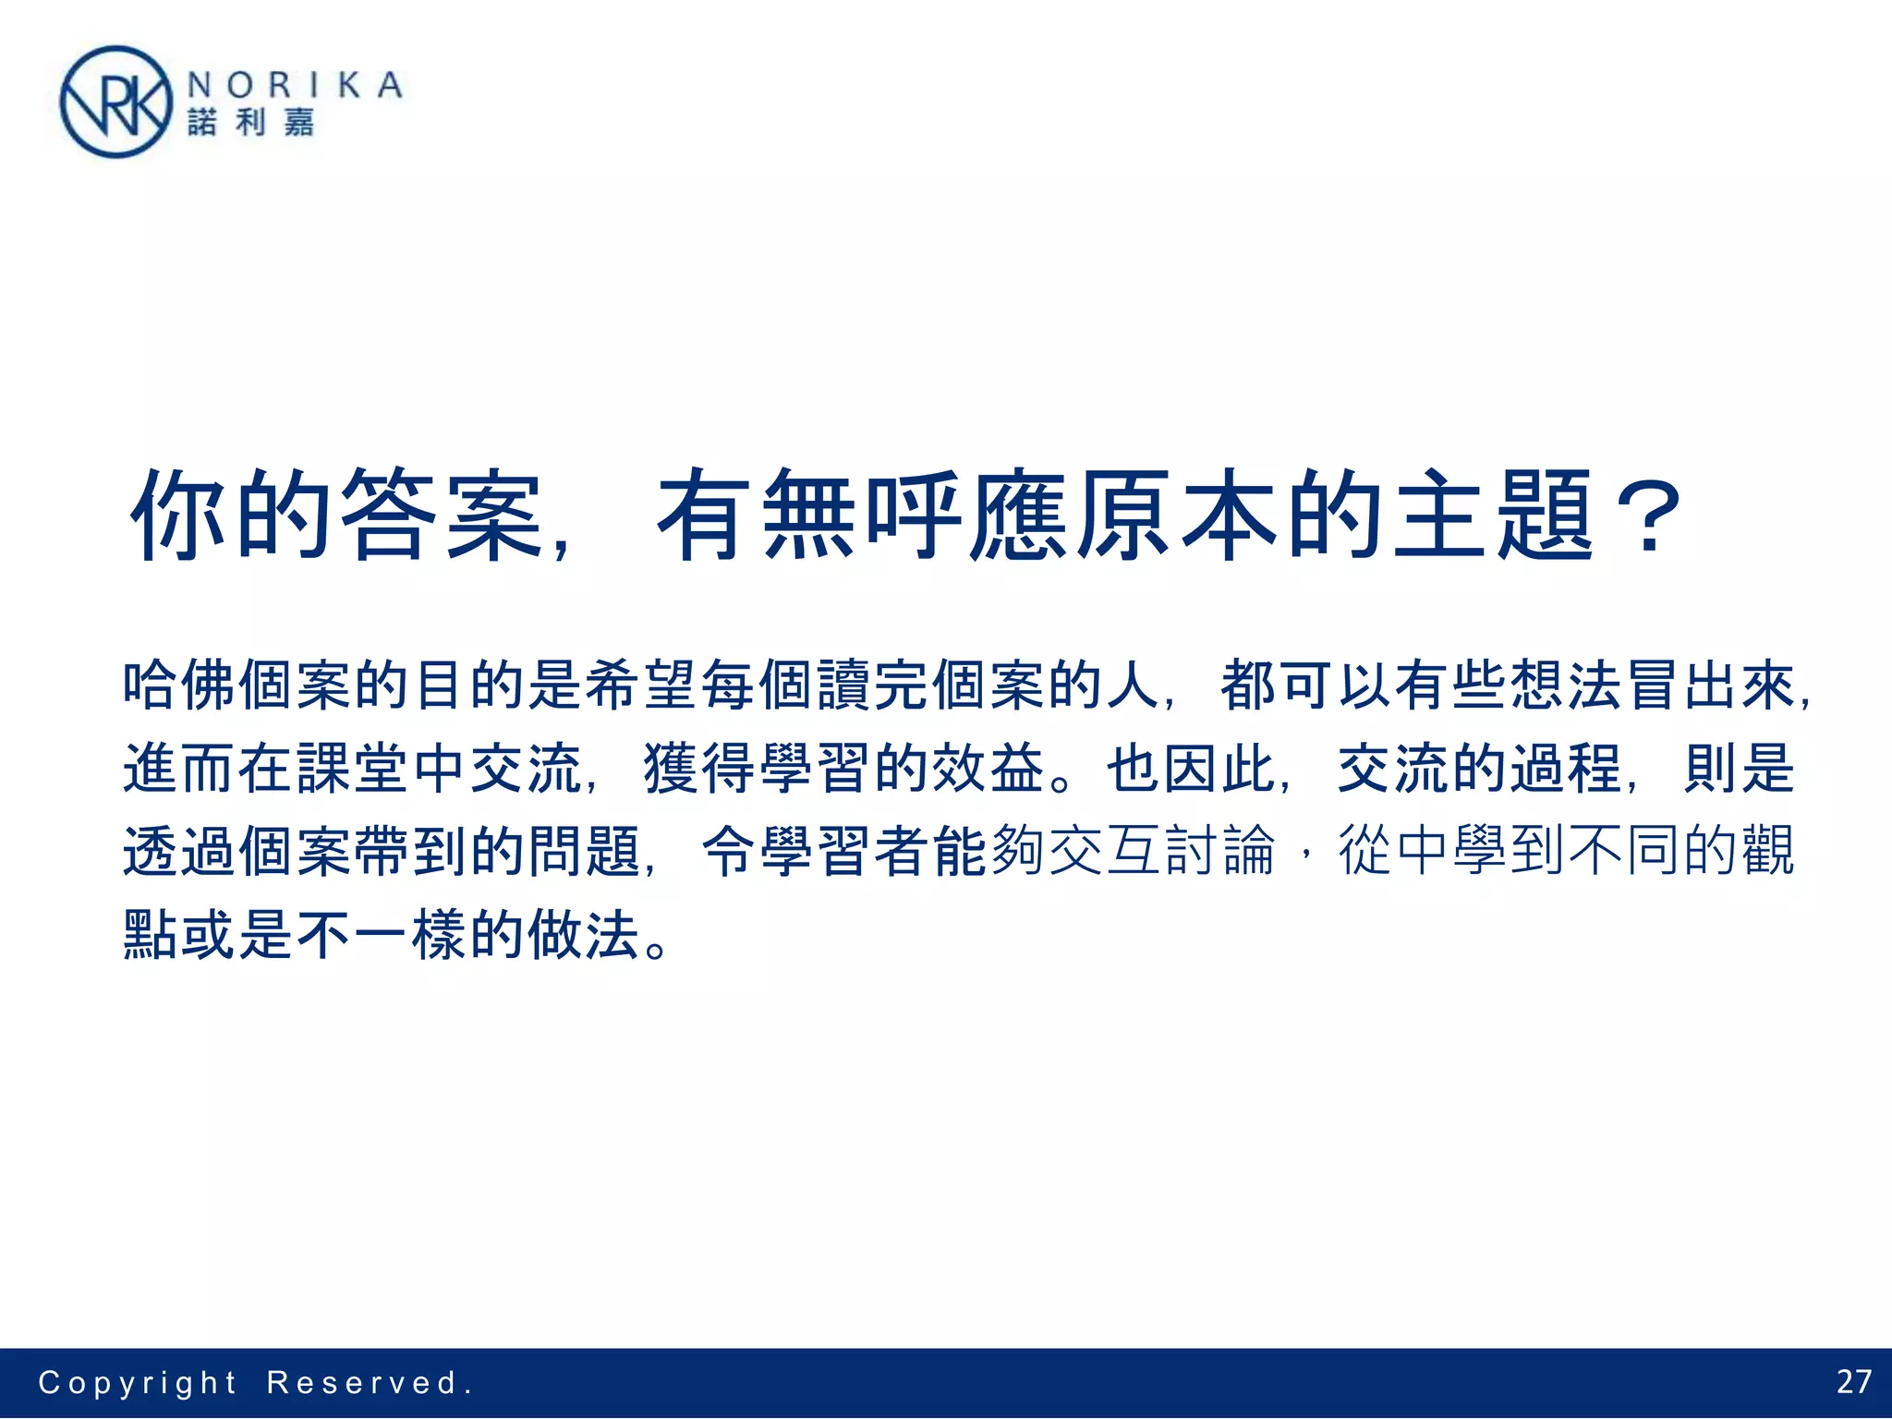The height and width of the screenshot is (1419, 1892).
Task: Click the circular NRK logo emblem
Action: click(x=115, y=103)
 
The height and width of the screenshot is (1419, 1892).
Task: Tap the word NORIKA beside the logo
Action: click(x=295, y=86)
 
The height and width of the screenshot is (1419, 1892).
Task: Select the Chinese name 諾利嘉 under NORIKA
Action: click(x=251, y=122)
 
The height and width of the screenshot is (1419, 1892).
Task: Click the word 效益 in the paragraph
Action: click(x=988, y=768)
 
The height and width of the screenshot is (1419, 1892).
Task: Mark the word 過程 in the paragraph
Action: click(x=1565, y=768)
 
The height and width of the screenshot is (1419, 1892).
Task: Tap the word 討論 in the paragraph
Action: click(x=1219, y=851)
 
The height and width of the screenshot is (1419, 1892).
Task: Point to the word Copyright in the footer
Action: click(x=138, y=1383)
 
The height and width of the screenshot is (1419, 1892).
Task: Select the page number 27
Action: click(x=1852, y=1382)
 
